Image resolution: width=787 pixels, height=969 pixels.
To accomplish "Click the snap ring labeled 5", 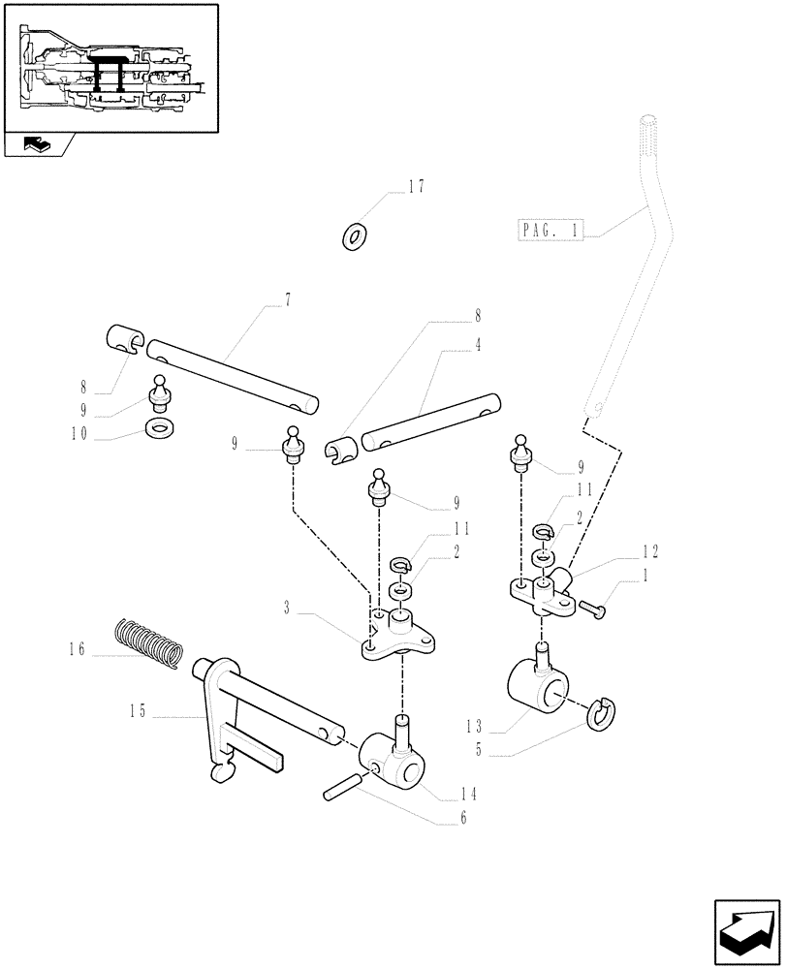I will (x=601, y=713).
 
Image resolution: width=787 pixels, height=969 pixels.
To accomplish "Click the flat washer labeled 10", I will (x=156, y=427).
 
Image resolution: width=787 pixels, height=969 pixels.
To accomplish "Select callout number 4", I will (x=478, y=344).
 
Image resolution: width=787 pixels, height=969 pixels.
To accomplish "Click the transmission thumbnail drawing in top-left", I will (x=110, y=66).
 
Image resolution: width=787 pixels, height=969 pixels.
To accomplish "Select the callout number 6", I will (x=464, y=820).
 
